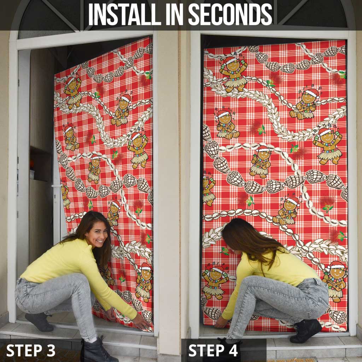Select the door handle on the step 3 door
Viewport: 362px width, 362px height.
tap(57, 186)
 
